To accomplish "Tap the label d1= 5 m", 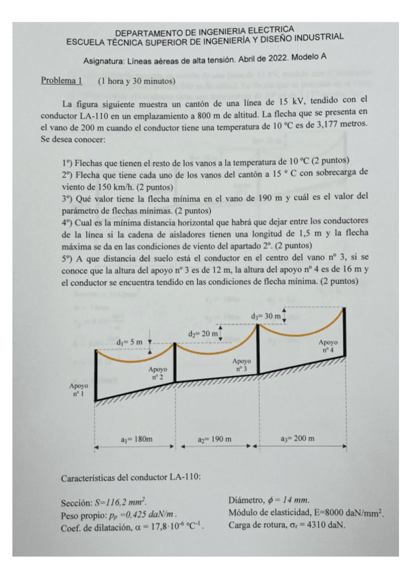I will tap(129, 341).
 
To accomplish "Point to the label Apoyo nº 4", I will tap(329, 345).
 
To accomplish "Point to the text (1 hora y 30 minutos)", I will tap(137, 81).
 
